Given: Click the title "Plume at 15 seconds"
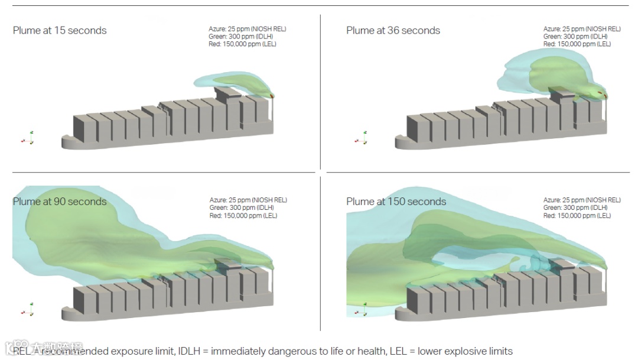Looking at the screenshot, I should [60, 31].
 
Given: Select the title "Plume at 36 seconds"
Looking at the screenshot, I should [393, 31].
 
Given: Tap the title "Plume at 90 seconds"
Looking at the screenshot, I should [60, 202].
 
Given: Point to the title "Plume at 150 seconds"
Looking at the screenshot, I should [396, 202].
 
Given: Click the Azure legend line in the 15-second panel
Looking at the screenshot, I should [247, 29].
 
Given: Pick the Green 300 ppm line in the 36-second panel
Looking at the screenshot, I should [575, 37].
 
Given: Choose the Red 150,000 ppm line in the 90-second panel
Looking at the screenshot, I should [243, 216].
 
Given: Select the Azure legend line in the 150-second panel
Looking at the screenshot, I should [582, 200].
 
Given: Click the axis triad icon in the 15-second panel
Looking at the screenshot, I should [28, 138].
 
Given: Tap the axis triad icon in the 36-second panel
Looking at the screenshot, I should [362, 138].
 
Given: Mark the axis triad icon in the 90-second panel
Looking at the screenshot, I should [28, 309].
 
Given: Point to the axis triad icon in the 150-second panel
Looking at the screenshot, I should [362, 309].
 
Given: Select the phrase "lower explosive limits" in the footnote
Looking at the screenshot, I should [465, 351].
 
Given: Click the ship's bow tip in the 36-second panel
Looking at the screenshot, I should [398, 142].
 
